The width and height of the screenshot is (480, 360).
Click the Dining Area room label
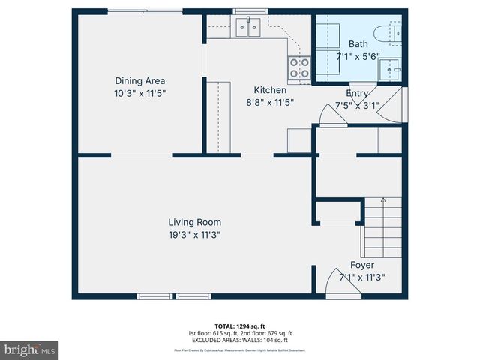tap(139, 81)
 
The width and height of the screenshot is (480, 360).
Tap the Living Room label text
tap(194, 222)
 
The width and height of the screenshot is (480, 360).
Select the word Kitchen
tap(270, 90)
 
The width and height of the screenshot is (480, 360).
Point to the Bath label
tap(358, 44)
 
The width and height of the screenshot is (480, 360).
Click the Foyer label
tap(362, 265)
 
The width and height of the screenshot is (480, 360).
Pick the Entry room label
tap(357, 93)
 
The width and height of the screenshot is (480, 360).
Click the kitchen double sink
tap(247, 28)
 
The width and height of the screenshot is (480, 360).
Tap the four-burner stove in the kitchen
tap(298, 68)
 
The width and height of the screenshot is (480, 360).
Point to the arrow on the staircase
tap(383, 201)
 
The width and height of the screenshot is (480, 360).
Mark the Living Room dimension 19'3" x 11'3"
tap(194, 234)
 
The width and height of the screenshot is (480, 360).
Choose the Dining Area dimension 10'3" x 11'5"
tap(139, 93)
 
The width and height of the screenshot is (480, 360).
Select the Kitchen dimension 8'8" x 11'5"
tap(270, 102)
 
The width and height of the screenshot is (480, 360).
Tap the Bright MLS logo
tap(30, 349)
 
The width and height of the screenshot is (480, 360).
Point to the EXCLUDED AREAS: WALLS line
tap(240, 340)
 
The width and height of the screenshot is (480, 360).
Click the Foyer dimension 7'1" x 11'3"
tap(362, 277)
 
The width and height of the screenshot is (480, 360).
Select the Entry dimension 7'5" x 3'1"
tap(357, 105)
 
